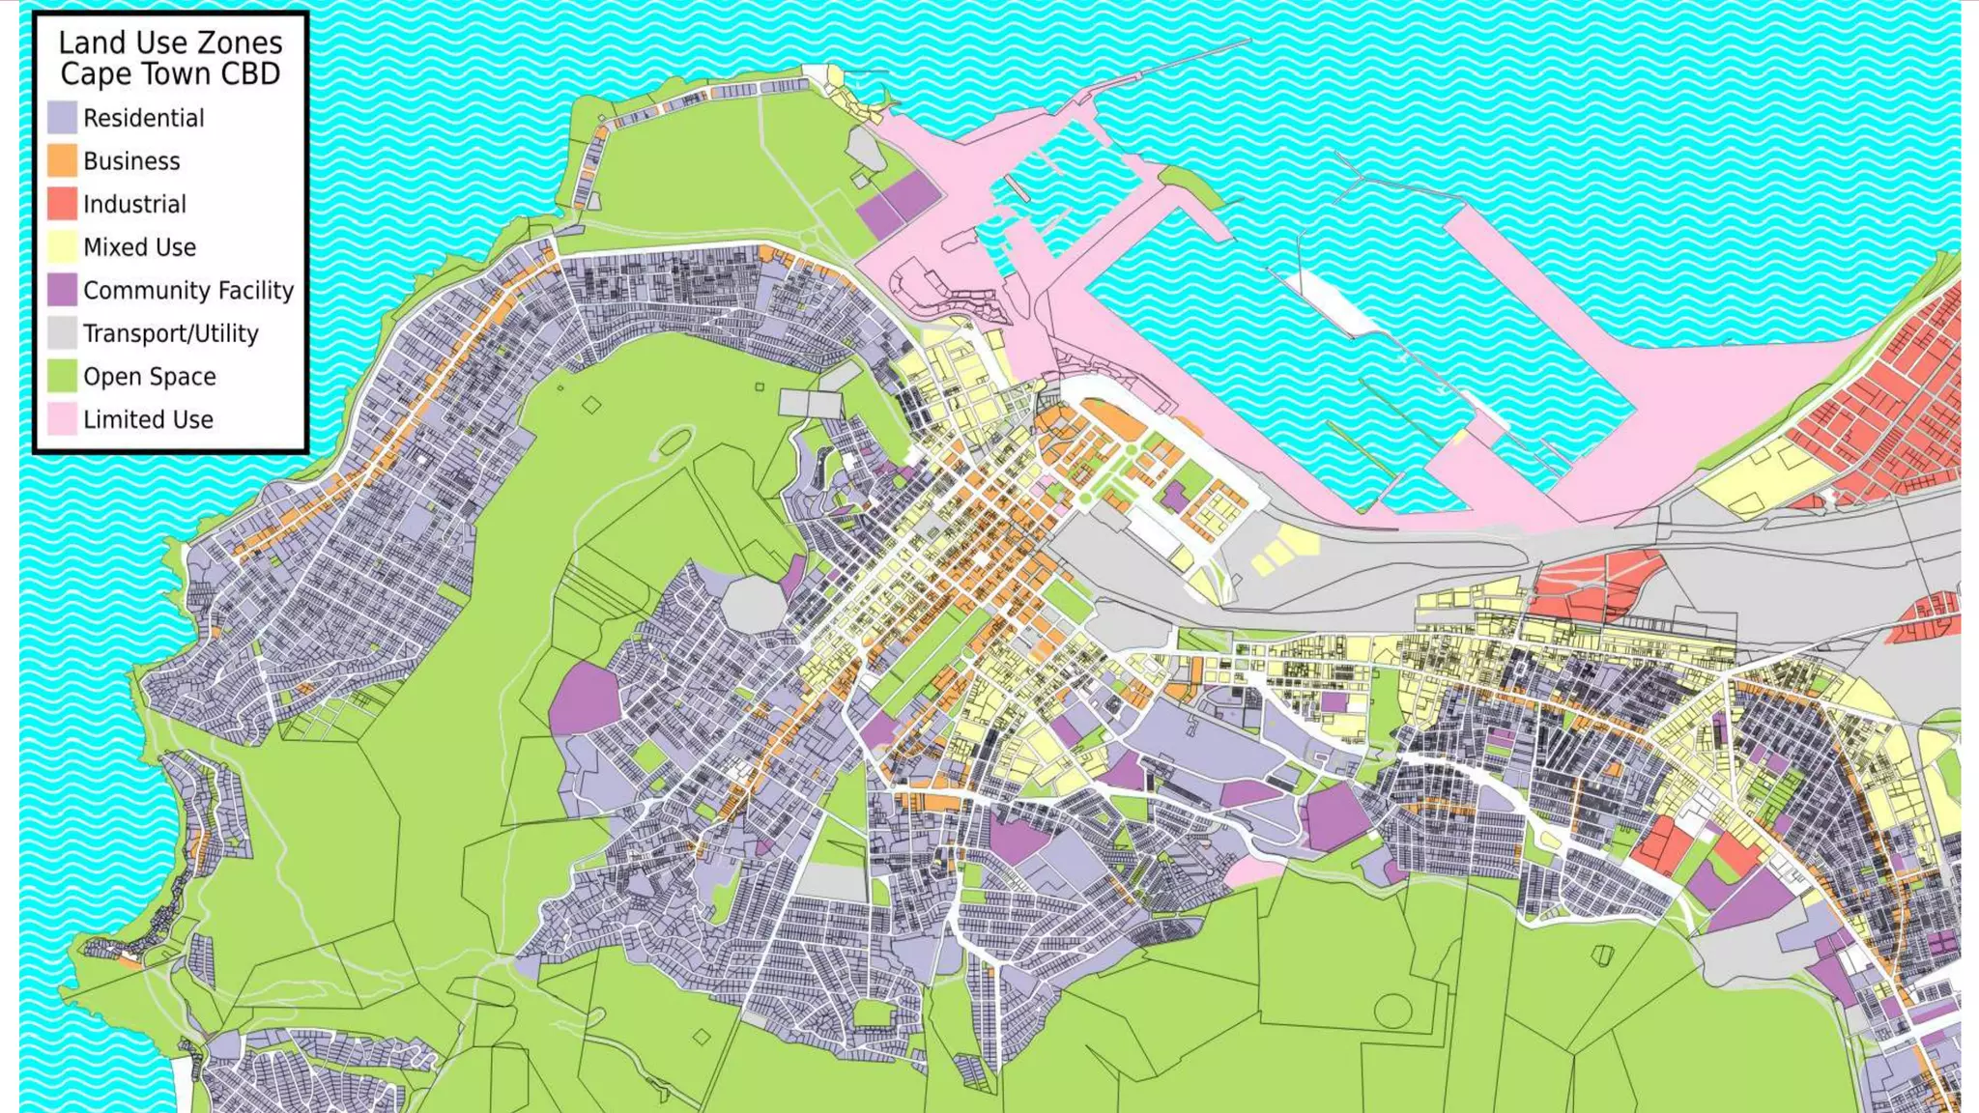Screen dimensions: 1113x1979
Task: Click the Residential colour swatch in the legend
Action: tap(62, 118)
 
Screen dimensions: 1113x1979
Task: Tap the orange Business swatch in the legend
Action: tap(62, 160)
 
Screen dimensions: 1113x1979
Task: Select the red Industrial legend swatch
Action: tap(62, 204)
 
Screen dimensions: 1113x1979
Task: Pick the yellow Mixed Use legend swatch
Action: tap(62, 246)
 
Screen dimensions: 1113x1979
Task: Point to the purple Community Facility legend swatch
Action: tap(62, 290)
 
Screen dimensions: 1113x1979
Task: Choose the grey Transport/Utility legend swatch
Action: tap(62, 333)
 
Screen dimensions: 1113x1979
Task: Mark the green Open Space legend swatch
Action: tap(62, 376)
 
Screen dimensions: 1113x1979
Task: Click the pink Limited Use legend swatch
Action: tap(62, 419)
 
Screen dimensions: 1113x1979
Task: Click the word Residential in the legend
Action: tap(144, 118)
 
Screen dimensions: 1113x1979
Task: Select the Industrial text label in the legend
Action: tap(134, 204)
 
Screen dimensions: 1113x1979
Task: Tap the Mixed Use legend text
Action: tap(139, 247)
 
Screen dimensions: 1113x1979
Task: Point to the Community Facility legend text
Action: tap(188, 290)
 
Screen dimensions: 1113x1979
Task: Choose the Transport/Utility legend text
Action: tap(171, 333)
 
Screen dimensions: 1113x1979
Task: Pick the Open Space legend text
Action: tap(150, 377)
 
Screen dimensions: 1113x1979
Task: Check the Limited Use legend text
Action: tap(148, 419)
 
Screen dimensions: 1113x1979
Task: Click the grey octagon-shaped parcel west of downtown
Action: tap(754, 603)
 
